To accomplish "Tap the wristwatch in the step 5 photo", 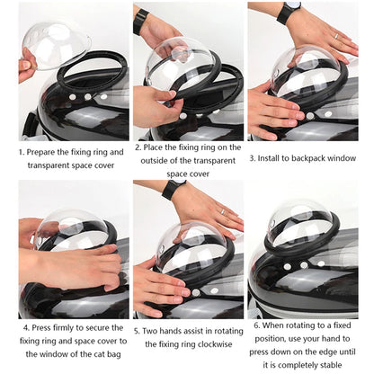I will (174, 189).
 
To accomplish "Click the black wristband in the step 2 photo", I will (141, 20).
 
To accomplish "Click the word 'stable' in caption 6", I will (337, 366).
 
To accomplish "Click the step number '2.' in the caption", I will (138, 146).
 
